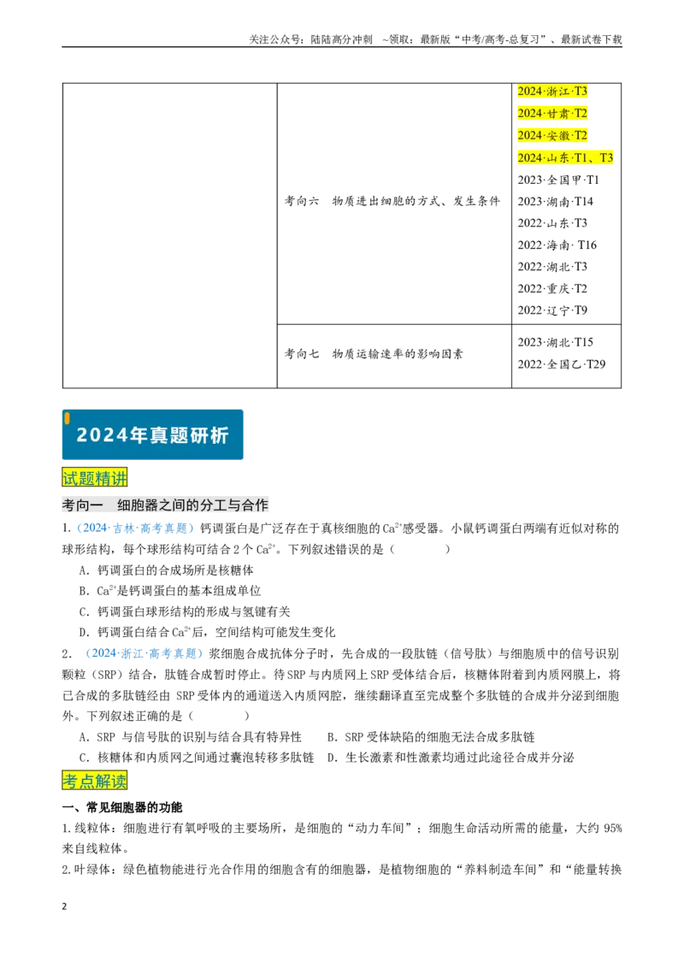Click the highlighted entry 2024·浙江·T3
click(552, 91)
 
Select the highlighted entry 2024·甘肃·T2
click(552, 114)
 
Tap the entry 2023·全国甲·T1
click(558, 180)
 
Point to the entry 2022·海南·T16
click(557, 245)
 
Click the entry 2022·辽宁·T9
click(552, 310)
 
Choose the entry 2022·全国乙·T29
click(562, 364)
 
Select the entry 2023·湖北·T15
click(555, 342)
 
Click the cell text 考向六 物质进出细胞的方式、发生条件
click(392, 201)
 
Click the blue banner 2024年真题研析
click(152, 434)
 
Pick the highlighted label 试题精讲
click(94, 477)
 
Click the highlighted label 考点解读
click(94, 781)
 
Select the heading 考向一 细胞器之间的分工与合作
click(165, 505)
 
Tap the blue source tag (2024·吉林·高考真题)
click(135, 528)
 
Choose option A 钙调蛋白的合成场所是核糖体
click(166, 570)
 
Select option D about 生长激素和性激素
click(451, 758)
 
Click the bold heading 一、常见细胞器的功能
click(122, 807)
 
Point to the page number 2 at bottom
click(64, 906)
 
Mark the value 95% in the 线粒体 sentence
click(612, 829)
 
